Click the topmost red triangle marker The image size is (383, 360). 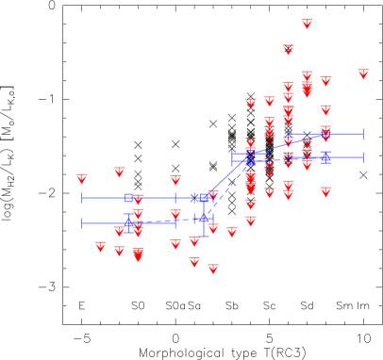307,24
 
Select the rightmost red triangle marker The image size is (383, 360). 363,74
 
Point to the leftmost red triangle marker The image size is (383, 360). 82,178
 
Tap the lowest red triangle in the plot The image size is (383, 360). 213,269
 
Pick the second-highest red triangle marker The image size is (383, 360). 289,49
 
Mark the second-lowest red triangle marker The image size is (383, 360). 194,262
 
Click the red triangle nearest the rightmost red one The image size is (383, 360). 325,81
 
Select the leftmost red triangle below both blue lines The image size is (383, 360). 101,246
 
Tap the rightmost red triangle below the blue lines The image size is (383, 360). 325,191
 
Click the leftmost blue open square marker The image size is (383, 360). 128,198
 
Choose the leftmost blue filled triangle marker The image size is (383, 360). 128,223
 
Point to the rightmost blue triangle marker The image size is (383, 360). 325,157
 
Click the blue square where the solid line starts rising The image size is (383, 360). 204,198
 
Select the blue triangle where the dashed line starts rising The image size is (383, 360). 204,218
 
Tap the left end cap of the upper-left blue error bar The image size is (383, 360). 82,198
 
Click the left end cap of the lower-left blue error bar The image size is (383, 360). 82,223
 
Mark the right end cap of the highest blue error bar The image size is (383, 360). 363,134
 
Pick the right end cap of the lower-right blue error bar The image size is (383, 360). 363,157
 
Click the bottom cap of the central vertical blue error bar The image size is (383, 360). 204,236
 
